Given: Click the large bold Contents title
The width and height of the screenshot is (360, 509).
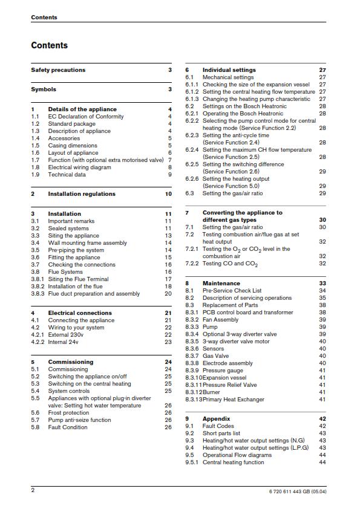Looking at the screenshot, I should [50, 45].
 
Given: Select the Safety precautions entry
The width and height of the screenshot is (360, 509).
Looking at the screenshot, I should [58, 70].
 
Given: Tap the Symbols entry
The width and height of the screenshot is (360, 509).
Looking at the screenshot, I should [44, 89].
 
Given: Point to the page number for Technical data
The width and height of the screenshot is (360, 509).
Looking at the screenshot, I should [170, 175].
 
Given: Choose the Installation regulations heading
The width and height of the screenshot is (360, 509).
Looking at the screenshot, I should [82, 194].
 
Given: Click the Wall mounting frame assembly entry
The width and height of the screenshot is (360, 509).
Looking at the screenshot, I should [88, 243].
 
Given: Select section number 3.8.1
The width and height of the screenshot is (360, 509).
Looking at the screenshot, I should [37, 279].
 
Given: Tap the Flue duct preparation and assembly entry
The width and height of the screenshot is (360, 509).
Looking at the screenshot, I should [94, 294].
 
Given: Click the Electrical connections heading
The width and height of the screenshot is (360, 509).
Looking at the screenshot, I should [80, 313].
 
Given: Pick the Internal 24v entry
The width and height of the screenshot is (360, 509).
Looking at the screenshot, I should [67, 342].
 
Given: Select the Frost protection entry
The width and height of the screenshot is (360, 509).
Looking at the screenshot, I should [68, 412].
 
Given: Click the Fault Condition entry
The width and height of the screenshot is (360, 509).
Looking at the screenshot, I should [68, 427].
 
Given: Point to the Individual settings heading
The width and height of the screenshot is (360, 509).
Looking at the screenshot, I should [231, 70].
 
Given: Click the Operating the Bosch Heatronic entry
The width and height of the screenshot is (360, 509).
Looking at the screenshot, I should [243, 114].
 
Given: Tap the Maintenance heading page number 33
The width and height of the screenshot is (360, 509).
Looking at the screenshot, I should [322, 283].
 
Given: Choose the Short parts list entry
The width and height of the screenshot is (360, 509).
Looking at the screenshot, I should [221, 433].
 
